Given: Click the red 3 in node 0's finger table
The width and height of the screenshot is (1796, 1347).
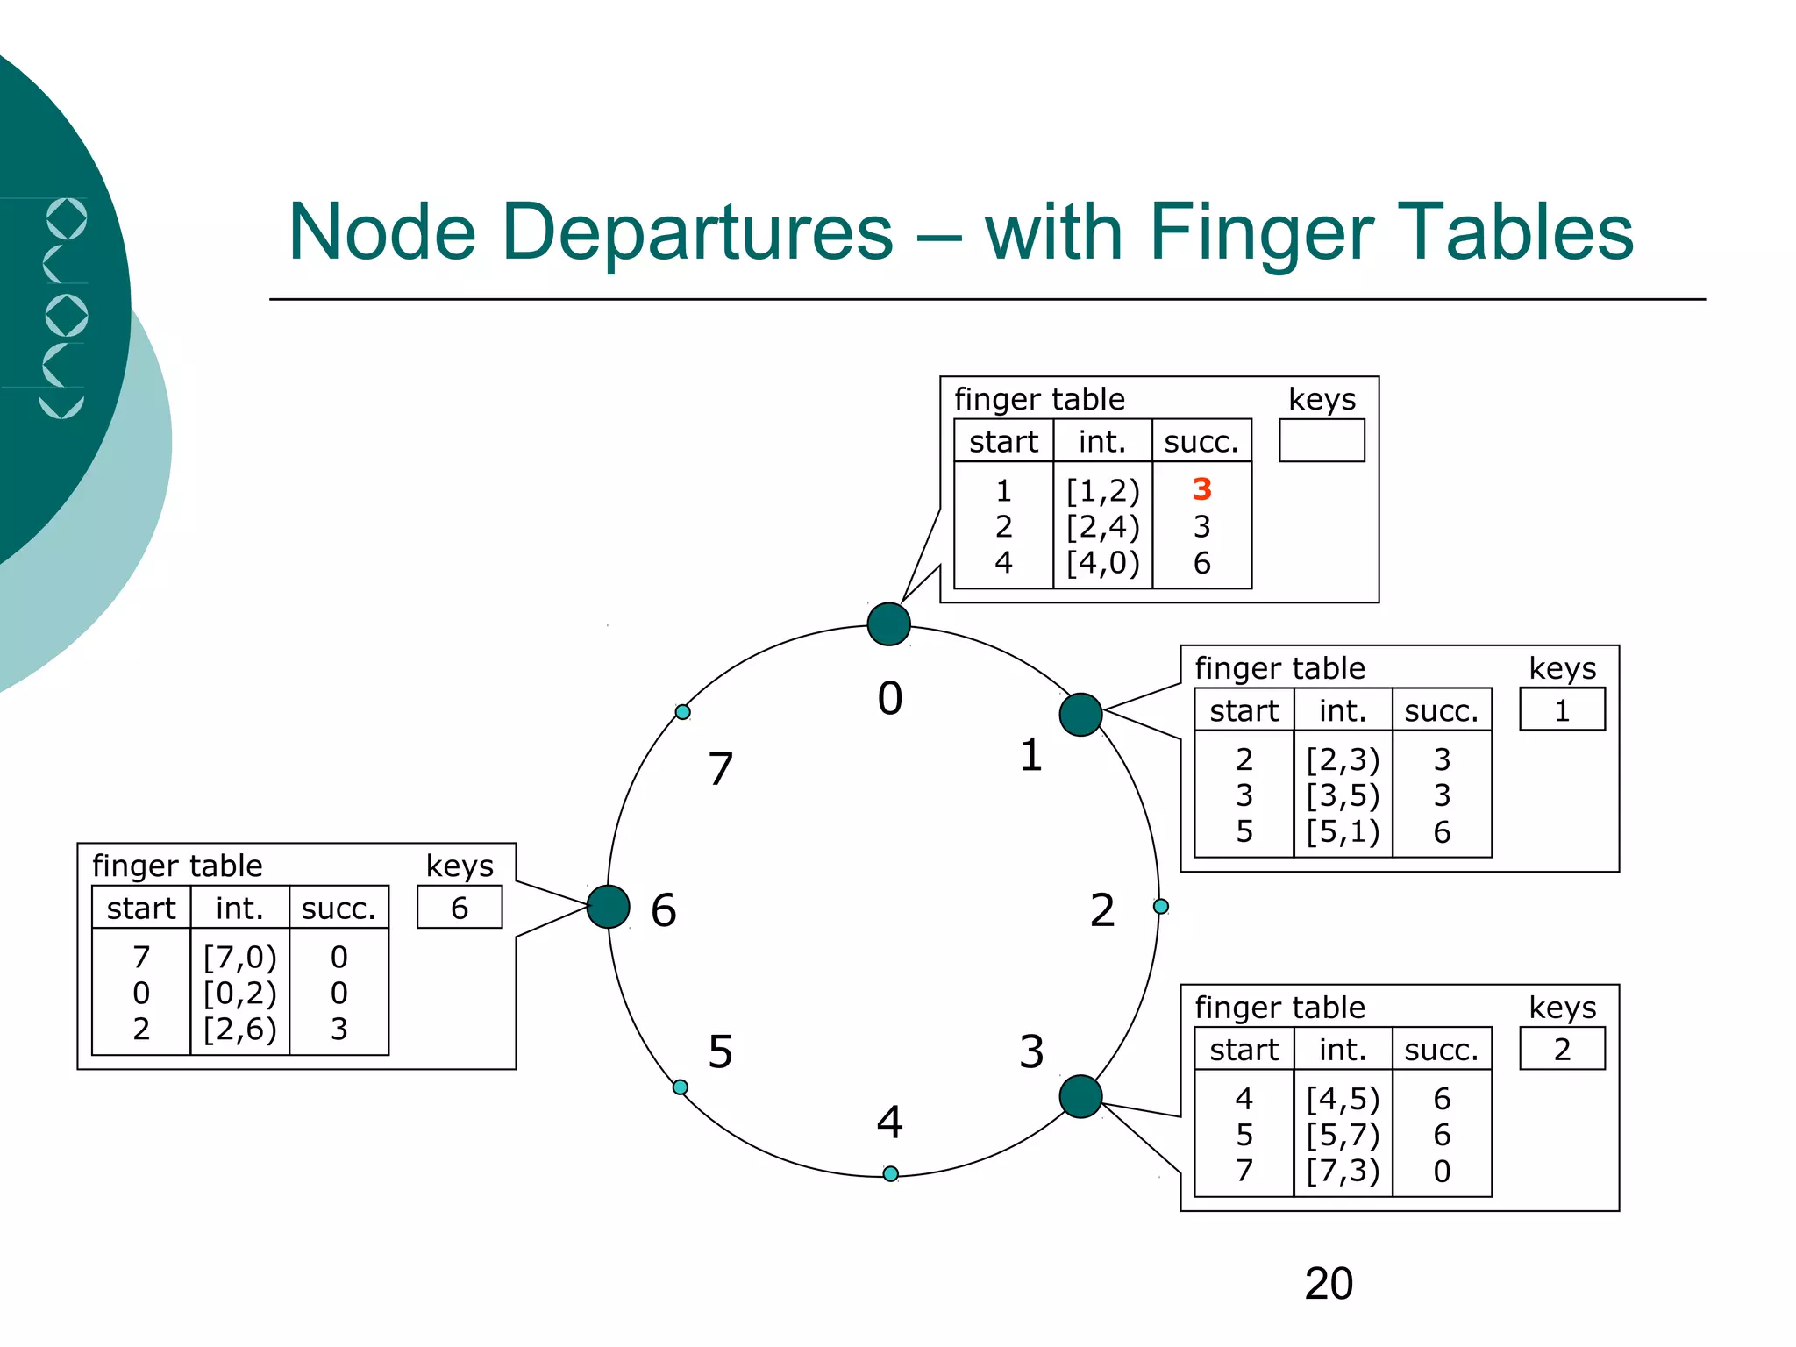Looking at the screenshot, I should pos(1201,489).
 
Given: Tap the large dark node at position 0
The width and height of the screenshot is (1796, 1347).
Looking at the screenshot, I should pos(888,624).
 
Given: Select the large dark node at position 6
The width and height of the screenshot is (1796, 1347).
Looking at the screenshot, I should pos(608,907).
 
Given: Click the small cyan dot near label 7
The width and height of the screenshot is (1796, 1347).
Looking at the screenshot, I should pos(682,712).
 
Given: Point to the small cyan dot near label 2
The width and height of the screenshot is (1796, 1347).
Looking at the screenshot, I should pos(1160,906).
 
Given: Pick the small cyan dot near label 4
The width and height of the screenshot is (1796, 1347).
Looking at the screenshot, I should pos(890,1173).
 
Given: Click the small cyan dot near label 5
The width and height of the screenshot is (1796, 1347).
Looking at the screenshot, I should pos(681,1087).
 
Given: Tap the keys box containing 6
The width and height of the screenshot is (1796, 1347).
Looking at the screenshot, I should pos(460,908).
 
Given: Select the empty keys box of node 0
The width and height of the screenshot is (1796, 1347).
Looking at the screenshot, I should pos(1322,441).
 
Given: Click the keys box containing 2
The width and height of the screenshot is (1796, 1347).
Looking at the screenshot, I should pos(1562,1049).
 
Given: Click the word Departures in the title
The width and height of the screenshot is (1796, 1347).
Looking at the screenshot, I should pos(697,233).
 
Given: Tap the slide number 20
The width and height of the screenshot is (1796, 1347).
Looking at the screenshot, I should pos(1329,1284).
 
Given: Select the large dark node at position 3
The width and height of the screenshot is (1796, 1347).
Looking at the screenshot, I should pos(1080,1096).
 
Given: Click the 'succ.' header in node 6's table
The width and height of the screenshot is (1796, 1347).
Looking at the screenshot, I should pos(339,909).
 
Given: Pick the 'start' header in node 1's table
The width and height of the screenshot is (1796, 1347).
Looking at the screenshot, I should pos(1244,710).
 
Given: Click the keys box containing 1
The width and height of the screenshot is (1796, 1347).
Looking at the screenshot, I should pos(1562,709).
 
